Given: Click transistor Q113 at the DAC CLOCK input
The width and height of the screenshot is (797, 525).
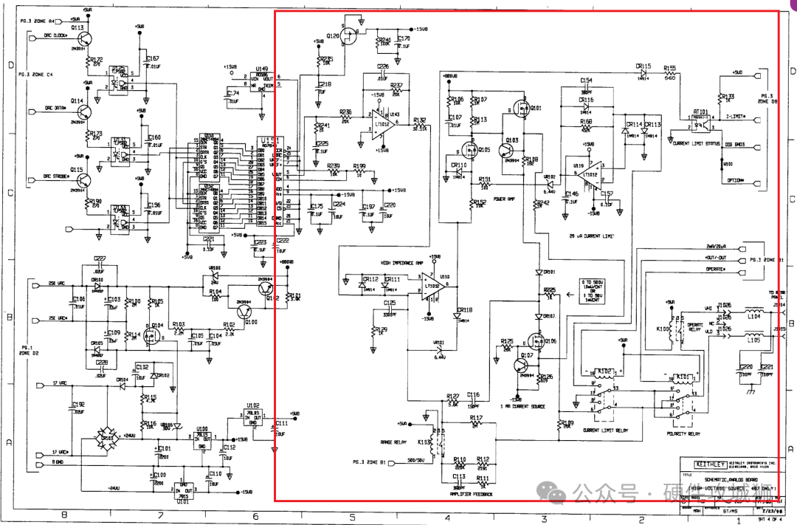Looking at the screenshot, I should click(87, 39).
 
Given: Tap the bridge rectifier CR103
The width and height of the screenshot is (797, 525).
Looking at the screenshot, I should click(108, 439).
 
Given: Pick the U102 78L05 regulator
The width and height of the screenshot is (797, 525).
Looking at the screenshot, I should click(253, 415).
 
